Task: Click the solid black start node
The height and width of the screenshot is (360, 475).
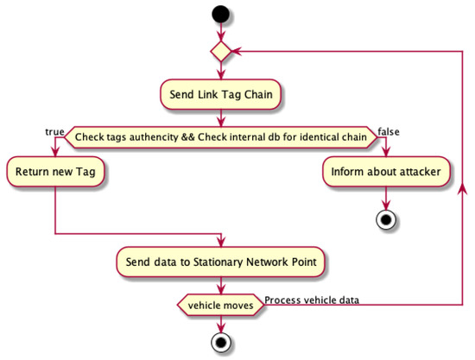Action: coord(222,15)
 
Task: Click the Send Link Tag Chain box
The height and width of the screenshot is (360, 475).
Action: coord(222,94)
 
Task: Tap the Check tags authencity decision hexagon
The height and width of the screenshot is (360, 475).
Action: coord(222,136)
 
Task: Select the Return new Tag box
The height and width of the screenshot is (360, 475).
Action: coord(55,172)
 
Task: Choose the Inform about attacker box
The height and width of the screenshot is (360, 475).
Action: coord(385,172)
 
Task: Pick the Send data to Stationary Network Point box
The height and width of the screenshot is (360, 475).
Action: coord(222,261)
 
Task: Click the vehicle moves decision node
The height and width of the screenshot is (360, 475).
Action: coord(222,305)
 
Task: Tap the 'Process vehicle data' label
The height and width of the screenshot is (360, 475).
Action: coord(312,300)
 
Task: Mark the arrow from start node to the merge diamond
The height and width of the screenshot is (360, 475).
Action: coord(222,31)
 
